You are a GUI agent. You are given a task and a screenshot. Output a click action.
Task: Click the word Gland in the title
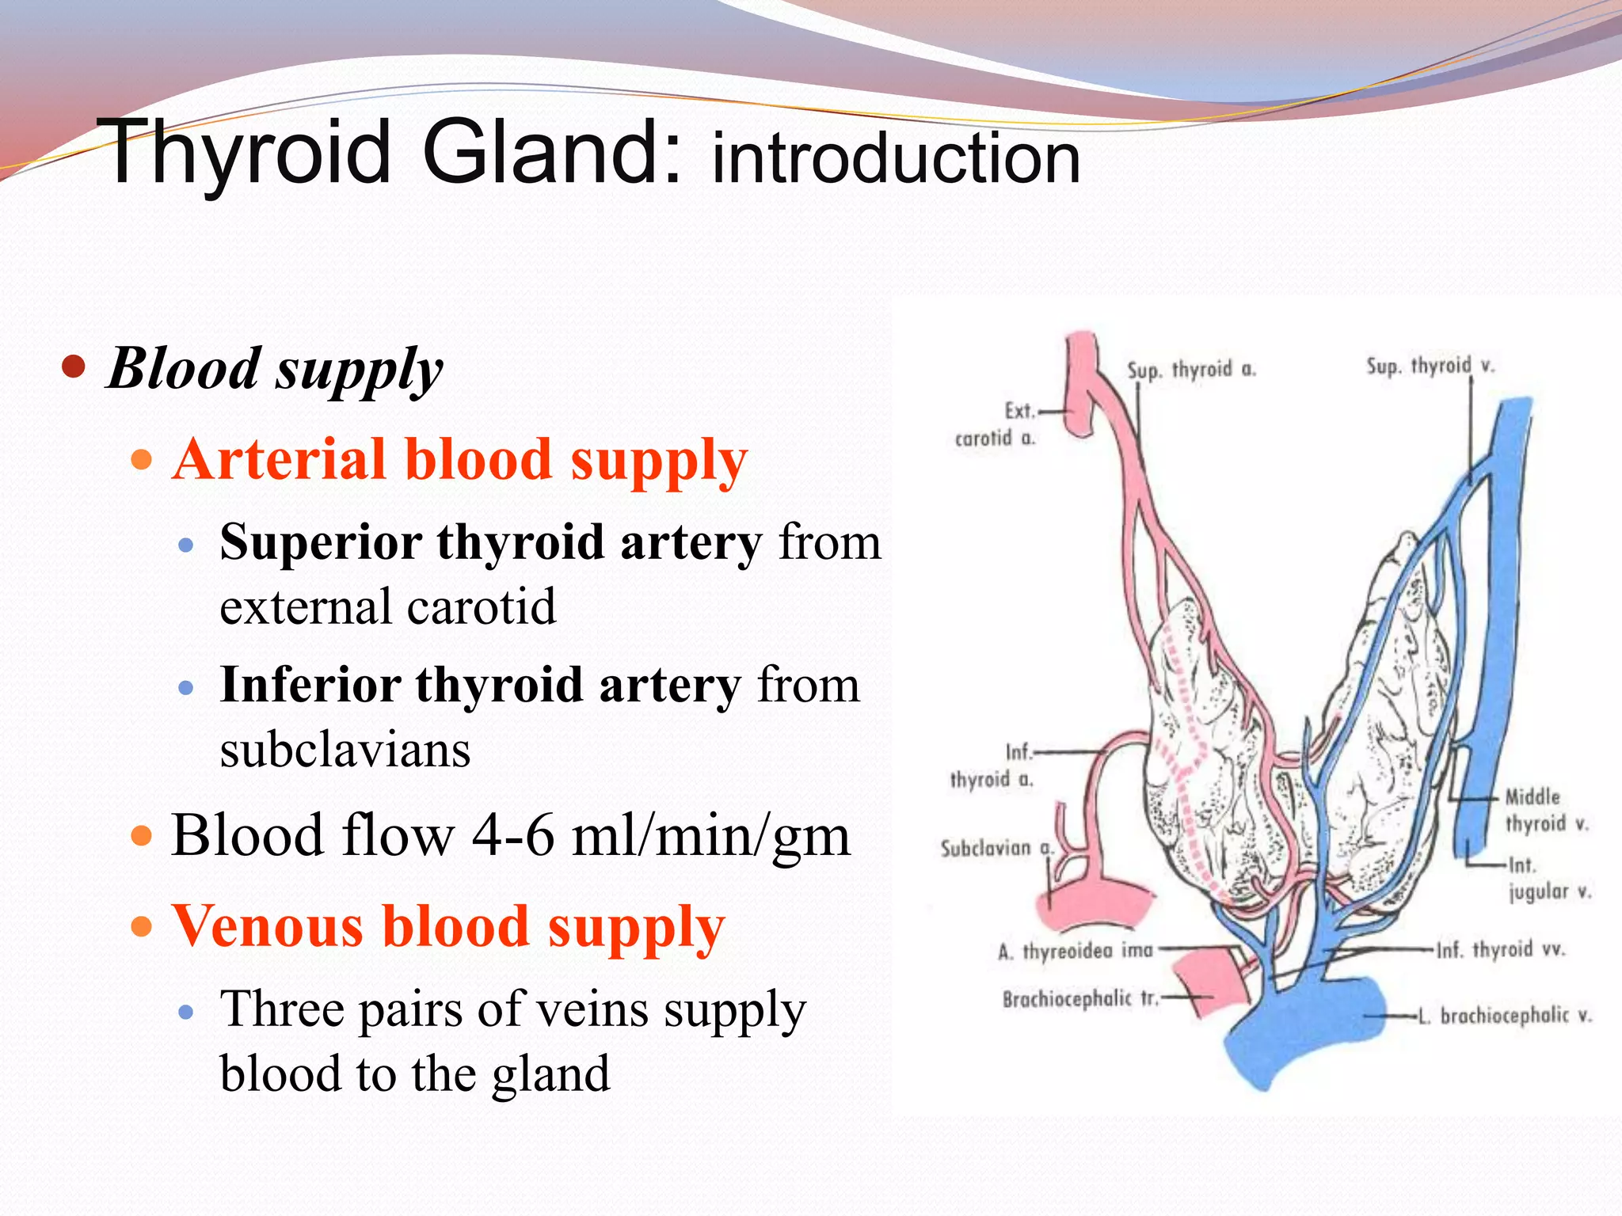point(550,152)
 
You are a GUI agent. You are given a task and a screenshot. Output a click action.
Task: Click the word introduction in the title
point(896,158)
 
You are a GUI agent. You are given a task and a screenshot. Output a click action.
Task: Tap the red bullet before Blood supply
point(73,367)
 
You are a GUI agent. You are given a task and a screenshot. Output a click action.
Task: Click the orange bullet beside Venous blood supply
point(141,925)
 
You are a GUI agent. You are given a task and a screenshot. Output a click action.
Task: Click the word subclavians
point(345,750)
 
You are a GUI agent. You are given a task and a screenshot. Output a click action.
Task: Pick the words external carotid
point(387,607)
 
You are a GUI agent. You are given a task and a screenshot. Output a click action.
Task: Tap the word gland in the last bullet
point(550,1074)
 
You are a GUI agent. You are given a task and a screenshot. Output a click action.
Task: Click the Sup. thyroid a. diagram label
point(1191,370)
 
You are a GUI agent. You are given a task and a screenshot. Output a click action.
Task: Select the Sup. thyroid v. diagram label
point(1430,366)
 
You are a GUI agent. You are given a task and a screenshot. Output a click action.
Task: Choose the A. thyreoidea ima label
point(1075,950)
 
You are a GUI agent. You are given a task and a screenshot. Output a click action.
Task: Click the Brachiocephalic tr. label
point(1080,999)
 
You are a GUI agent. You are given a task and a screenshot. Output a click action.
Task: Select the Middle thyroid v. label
point(1545,811)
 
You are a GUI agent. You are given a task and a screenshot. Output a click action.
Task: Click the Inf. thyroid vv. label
point(1501,949)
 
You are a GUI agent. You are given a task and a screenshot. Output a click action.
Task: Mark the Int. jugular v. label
point(1548,879)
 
